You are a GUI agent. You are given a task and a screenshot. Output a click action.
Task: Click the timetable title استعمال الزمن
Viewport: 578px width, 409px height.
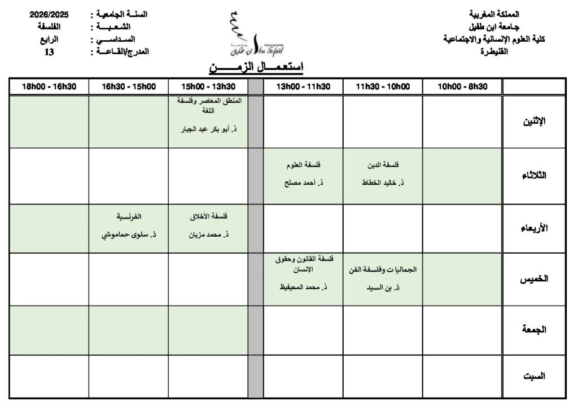click(256, 68)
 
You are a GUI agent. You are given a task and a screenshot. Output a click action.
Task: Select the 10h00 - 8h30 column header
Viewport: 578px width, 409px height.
click(462, 86)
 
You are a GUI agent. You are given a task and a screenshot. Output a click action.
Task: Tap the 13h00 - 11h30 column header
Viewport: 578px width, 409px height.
click(303, 86)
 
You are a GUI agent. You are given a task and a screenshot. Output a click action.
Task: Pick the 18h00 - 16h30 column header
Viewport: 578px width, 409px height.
click(49, 86)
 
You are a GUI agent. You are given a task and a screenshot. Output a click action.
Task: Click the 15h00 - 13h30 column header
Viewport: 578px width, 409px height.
click(208, 86)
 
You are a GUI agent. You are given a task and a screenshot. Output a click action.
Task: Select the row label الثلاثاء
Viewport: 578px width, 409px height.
click(533, 176)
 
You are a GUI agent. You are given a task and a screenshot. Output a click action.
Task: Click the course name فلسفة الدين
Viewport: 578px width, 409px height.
click(383, 165)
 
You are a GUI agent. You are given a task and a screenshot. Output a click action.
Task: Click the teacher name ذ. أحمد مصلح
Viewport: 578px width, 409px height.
click(304, 183)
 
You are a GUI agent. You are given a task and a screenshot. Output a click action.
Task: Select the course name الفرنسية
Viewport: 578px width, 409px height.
click(129, 216)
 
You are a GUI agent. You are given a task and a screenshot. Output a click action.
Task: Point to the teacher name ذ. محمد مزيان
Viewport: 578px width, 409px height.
click(208, 234)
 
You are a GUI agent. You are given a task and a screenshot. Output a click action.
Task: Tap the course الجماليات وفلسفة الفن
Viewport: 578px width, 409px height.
click(383, 269)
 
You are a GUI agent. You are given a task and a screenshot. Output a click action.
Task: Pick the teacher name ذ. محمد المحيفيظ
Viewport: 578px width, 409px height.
click(304, 287)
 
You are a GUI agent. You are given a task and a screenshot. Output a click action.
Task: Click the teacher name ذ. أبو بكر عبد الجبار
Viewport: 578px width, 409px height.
click(208, 129)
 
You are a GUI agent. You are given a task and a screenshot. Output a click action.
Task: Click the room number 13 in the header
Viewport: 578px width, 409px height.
click(49, 52)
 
